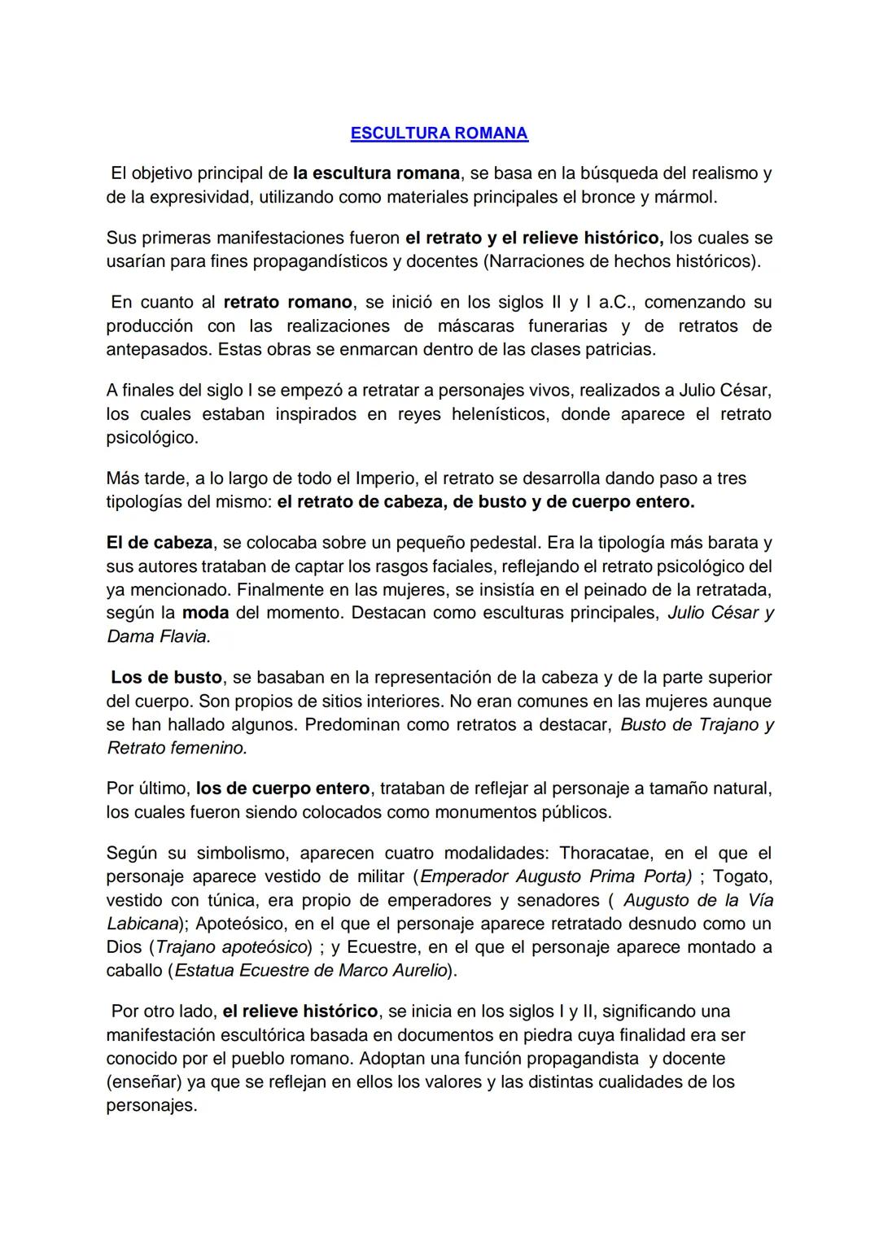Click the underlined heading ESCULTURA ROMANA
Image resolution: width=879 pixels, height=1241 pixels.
[439, 133]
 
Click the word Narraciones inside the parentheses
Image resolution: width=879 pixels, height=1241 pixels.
[549, 262]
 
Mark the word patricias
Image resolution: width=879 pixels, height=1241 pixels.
[621, 350]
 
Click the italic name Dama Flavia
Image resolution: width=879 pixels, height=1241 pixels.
[159, 637]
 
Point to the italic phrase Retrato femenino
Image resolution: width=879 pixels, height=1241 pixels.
[177, 749]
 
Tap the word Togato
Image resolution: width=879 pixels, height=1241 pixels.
[742, 877]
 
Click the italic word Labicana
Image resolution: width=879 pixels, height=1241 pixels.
[142, 924]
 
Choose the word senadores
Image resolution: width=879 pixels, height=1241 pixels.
[556, 901]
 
